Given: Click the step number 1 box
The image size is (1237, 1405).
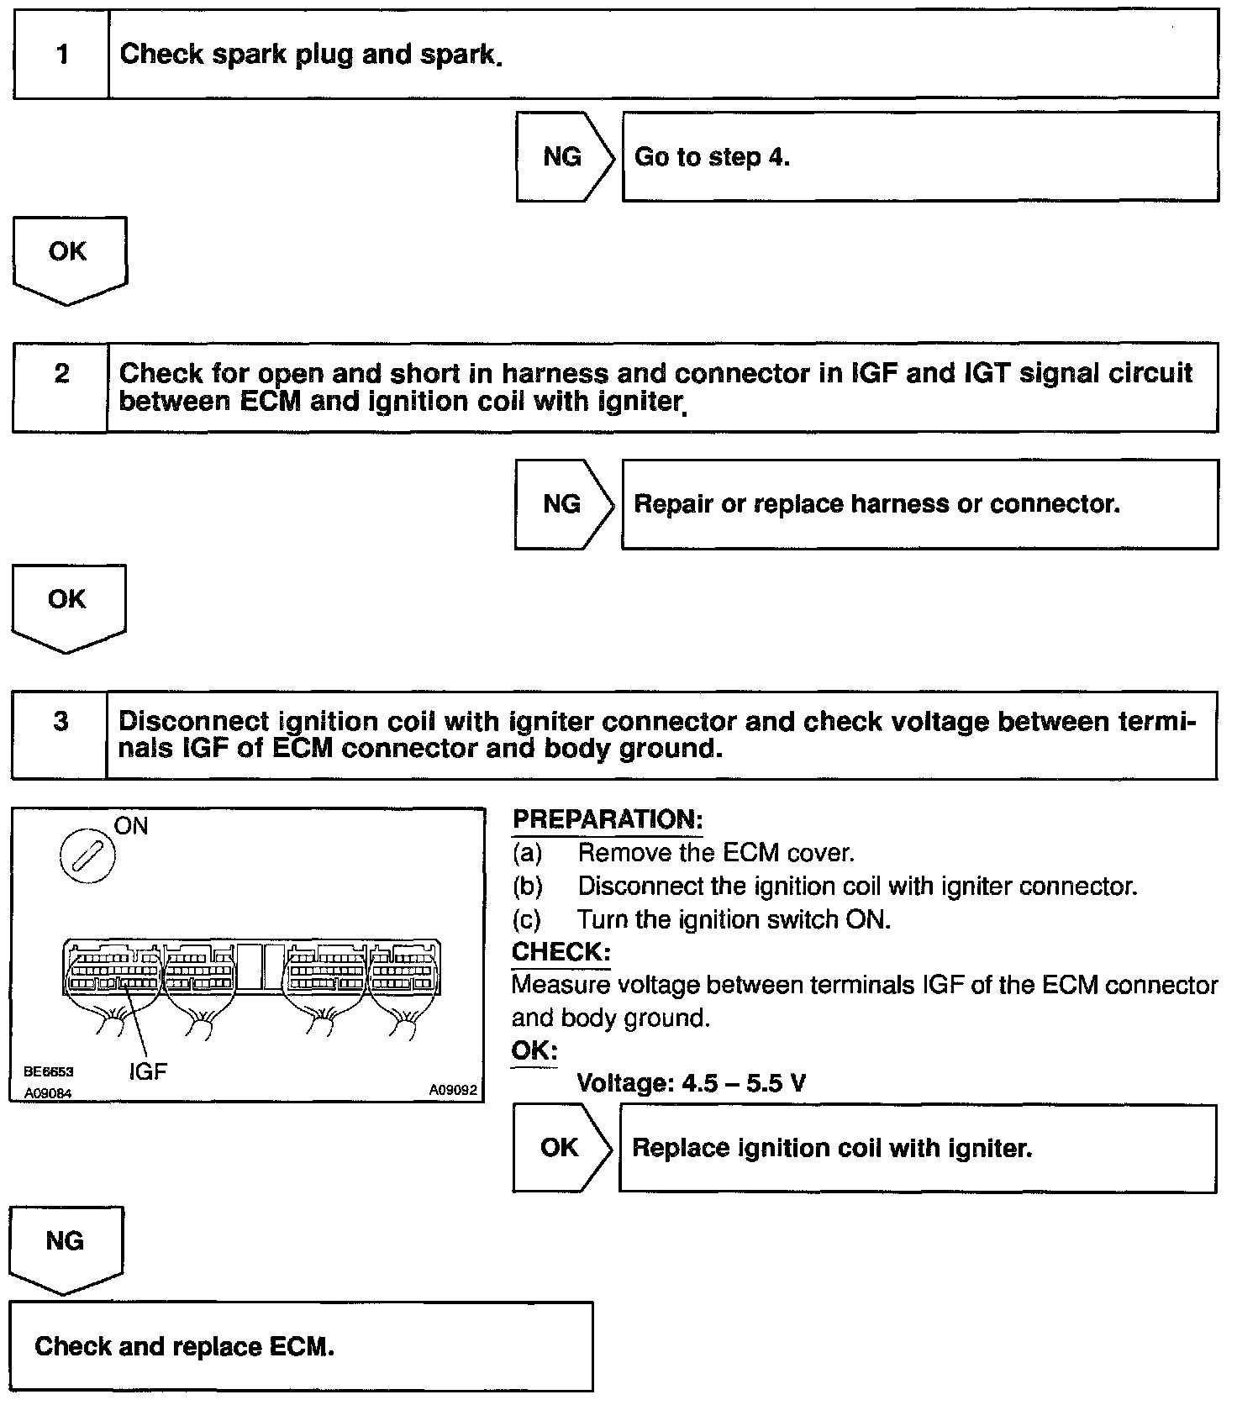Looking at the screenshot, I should click(61, 55).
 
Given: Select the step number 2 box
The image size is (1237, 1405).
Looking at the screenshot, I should click(61, 387).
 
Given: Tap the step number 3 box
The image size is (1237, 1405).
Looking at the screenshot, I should click(60, 734).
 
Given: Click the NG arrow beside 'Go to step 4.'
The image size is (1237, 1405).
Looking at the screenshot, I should click(563, 157).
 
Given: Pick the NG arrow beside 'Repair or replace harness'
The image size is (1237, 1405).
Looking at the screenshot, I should click(562, 504).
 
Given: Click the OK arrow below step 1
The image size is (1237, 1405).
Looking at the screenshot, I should click(68, 256).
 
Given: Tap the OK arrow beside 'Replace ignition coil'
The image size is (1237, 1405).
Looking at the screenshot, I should click(561, 1148).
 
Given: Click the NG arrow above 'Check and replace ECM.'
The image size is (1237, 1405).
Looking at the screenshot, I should click(65, 1246).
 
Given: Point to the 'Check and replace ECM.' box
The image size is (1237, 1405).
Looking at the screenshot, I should click(300, 1346).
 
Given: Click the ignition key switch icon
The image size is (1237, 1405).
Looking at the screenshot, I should click(87, 860).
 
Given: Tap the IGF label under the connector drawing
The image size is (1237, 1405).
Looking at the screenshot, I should click(148, 1071).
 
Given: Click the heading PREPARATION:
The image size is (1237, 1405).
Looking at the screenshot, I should click(607, 819).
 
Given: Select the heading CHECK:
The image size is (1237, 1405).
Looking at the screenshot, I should click(561, 952).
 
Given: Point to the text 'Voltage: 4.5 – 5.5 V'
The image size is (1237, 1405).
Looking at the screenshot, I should click(691, 1083).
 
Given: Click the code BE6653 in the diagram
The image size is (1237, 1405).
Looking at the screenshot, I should click(49, 1071).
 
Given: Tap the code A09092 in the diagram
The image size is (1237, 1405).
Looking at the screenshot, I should click(452, 1090).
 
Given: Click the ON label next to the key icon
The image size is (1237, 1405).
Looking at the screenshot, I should click(131, 827).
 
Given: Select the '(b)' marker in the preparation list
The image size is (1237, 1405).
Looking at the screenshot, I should click(528, 887).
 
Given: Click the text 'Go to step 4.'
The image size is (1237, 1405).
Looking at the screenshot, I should click(712, 157).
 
